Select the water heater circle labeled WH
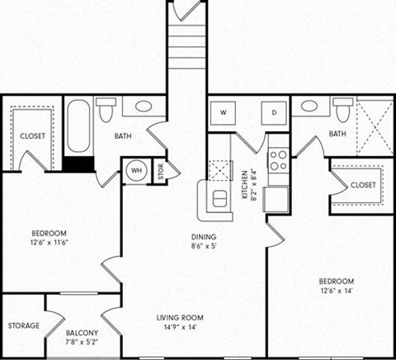[x=134, y=173]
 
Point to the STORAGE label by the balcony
[x=23, y=325]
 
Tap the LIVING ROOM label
[x=180, y=317]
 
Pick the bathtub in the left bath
[x=78, y=126]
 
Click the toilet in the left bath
[x=106, y=110]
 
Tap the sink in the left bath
[x=144, y=106]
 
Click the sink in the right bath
[x=309, y=106]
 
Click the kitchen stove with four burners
[x=278, y=159]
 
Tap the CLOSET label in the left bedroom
[x=31, y=135]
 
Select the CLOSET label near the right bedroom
[x=363, y=185]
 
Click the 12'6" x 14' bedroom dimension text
[x=337, y=291]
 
